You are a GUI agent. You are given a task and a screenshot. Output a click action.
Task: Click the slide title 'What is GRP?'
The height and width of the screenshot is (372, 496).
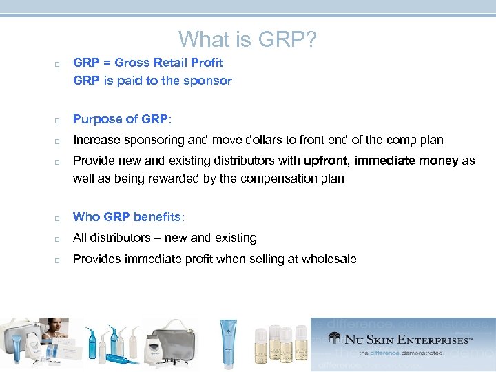click(x=248, y=39)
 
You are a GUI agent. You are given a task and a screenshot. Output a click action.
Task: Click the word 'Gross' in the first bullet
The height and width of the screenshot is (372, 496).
click(x=132, y=63)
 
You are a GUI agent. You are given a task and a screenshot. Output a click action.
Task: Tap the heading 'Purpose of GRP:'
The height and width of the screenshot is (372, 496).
click(x=123, y=118)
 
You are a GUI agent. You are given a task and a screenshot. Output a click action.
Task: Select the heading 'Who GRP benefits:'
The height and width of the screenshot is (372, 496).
click(x=129, y=217)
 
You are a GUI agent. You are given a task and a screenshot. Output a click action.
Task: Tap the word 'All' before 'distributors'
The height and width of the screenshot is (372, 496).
click(x=81, y=238)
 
